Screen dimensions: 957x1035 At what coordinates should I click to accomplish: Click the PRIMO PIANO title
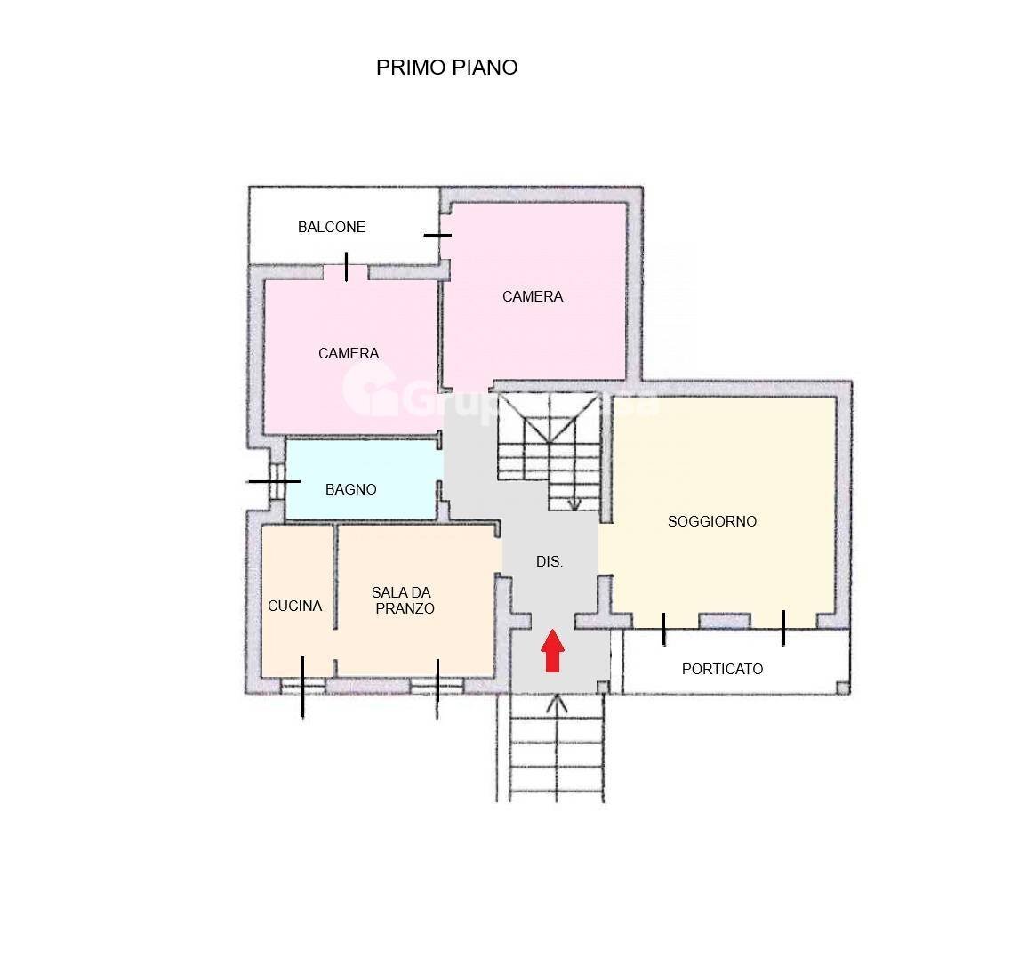point(446,68)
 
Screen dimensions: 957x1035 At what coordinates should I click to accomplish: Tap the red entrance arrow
point(553,650)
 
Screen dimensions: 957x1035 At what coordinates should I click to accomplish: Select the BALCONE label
point(331,228)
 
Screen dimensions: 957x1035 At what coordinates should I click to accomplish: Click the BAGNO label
point(350,489)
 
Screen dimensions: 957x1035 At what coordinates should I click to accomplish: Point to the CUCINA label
point(294,606)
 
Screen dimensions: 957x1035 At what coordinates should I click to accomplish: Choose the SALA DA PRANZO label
point(402,600)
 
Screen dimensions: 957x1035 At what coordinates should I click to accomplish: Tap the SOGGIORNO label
point(711,521)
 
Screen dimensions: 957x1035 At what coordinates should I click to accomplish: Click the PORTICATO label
point(722,669)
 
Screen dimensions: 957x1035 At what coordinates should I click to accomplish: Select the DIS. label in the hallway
point(550,562)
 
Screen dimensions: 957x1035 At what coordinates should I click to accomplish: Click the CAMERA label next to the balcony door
point(349,353)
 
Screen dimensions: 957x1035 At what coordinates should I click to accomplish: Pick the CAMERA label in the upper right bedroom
point(532,296)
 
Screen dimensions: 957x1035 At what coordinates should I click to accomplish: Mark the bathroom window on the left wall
point(276,481)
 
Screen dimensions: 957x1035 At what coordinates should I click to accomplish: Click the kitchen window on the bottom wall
point(302,685)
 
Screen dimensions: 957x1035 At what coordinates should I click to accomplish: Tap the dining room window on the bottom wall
point(437,685)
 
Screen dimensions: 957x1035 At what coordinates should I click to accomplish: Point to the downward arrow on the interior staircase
point(574,502)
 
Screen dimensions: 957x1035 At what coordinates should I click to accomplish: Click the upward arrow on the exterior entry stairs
point(557,704)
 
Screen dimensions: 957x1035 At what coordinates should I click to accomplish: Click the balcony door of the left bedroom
point(346,270)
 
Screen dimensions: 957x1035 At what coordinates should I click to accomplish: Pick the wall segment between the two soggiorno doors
point(724,621)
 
